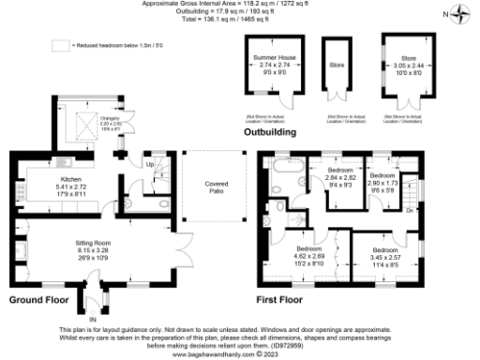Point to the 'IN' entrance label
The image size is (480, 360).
pos(93,320)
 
